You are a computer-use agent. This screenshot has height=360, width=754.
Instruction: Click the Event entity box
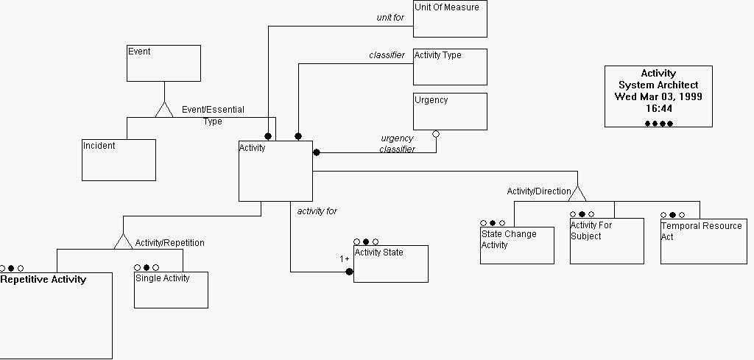click(x=163, y=63)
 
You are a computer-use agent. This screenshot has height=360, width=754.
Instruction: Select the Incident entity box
click(x=119, y=160)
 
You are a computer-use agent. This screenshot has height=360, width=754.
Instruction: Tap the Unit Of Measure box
click(x=450, y=19)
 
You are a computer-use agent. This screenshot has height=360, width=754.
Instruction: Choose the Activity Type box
click(x=450, y=67)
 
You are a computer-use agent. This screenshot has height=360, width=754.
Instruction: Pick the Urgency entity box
click(x=450, y=111)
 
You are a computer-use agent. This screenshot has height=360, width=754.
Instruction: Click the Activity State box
click(x=390, y=264)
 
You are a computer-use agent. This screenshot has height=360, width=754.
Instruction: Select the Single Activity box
click(x=171, y=290)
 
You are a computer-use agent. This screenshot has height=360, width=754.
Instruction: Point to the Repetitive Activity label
click(x=43, y=279)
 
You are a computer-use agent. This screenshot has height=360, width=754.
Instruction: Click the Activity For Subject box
click(x=607, y=241)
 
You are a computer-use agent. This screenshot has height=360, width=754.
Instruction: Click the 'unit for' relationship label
click(x=390, y=17)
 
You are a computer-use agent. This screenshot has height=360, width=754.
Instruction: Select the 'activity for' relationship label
click(x=317, y=211)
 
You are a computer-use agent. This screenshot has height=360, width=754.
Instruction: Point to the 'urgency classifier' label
click(x=397, y=144)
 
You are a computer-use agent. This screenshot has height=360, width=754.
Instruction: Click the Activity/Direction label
click(x=538, y=191)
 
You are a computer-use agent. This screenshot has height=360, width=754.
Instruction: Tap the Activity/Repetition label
click(x=169, y=243)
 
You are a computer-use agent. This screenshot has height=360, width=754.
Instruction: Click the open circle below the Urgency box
click(x=436, y=134)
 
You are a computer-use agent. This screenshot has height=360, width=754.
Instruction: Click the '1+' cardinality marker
click(x=344, y=259)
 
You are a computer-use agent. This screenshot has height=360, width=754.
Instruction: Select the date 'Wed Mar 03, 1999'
click(x=658, y=96)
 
